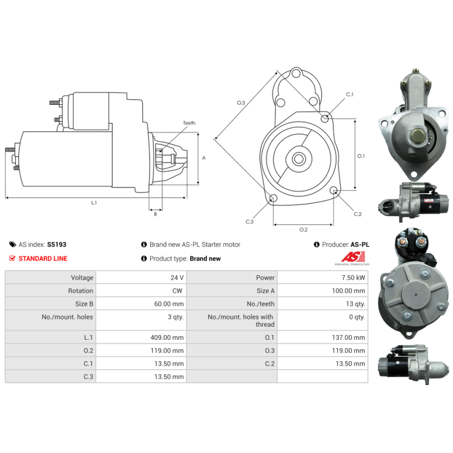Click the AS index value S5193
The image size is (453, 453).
[x=57, y=245]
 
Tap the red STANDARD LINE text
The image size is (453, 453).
[x=43, y=259]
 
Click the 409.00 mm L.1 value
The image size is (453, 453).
[x=167, y=337]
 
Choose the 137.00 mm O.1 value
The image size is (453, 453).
[x=348, y=337]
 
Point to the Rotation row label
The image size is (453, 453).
[x=80, y=290]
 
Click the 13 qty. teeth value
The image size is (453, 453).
[x=356, y=304]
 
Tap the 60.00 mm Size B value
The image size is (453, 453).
[x=169, y=304]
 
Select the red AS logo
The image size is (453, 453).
[x=353, y=257]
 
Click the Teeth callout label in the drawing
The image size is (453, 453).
[x=189, y=123]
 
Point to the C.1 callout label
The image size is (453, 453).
[x=349, y=95]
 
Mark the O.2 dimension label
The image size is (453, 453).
[x=304, y=230]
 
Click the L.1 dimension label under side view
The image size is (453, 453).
[x=94, y=203]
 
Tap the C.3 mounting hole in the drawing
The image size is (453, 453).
[x=273, y=198]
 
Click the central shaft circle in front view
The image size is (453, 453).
[x=299, y=159]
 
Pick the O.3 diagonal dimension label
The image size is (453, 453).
[x=241, y=102]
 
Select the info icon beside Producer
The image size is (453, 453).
[x=317, y=245]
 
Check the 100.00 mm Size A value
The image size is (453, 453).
[x=348, y=290]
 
